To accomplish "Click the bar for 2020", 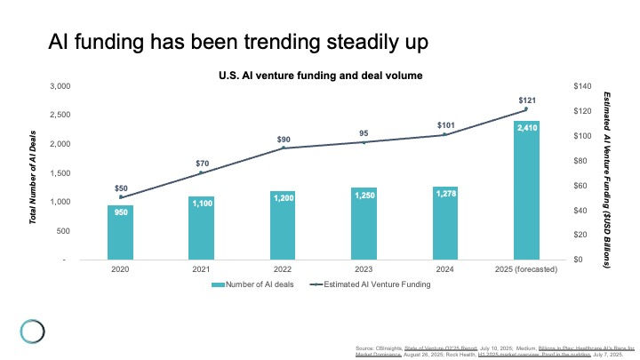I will [x=120, y=232].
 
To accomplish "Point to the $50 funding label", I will [x=121, y=188].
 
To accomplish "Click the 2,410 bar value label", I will [x=525, y=128].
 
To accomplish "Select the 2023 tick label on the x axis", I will [x=364, y=268].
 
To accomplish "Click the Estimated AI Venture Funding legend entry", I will [x=372, y=284].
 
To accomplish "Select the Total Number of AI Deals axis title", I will [x=34, y=172].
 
